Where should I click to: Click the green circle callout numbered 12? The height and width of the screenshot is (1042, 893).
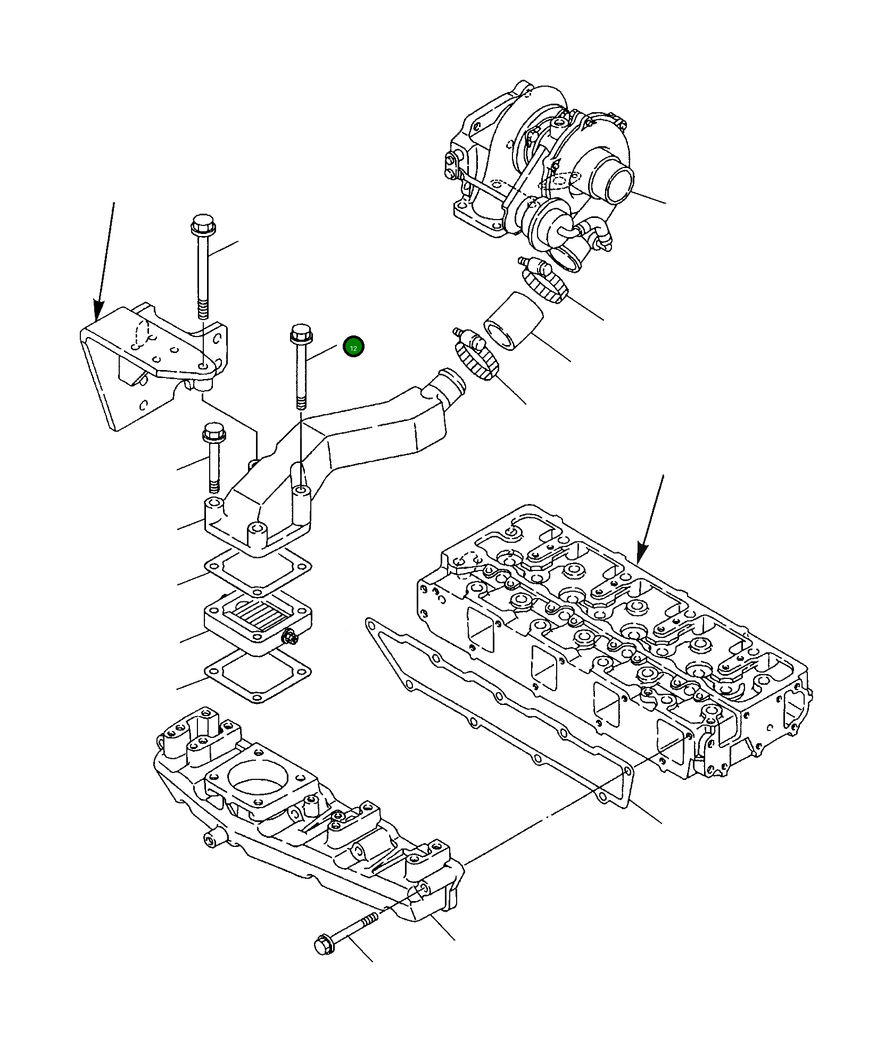pyautogui.click(x=353, y=347)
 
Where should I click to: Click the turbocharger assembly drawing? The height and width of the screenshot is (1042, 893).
pyautogui.click(x=538, y=170)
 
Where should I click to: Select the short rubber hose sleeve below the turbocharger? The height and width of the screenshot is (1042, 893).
pyautogui.click(x=512, y=322)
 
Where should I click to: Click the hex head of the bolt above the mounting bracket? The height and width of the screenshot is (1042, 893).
pyautogui.click(x=202, y=226)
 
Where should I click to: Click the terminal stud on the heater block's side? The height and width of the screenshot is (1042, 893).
pyautogui.click(x=291, y=636)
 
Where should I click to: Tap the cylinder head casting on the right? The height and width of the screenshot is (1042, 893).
pyautogui.click(x=612, y=638)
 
